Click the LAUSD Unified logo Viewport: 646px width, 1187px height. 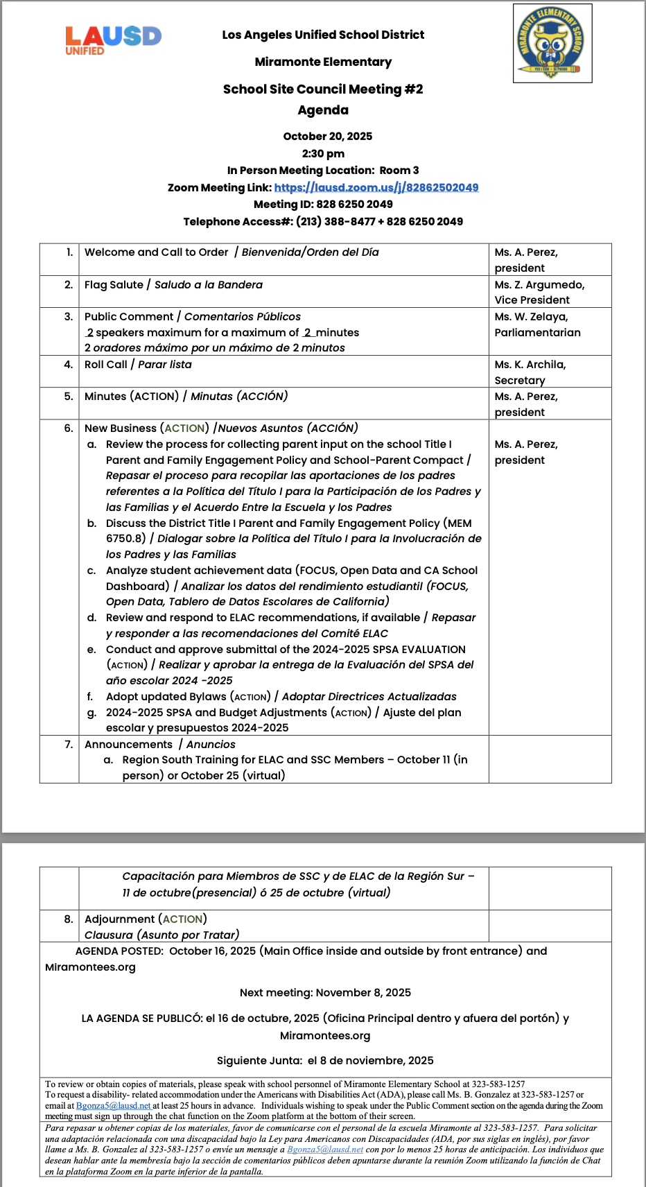click(x=113, y=40)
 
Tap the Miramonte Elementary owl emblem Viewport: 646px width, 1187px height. click(x=552, y=43)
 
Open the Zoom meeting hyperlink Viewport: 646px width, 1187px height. click(x=376, y=187)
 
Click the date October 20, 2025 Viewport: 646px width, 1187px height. click(x=327, y=136)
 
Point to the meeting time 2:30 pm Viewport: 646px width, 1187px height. click(x=323, y=153)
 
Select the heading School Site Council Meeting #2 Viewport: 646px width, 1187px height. click(x=323, y=89)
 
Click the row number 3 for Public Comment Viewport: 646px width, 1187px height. click(x=69, y=316)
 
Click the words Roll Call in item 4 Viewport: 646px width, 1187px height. click(x=106, y=364)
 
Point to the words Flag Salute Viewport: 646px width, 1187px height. click(x=114, y=284)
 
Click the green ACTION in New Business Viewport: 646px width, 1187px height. click(x=184, y=428)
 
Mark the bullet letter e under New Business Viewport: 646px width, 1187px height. click(x=91, y=650)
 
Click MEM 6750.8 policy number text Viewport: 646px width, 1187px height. click(x=460, y=523)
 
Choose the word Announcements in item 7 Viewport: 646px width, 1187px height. click(x=128, y=744)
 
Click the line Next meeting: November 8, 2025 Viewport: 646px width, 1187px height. click(x=325, y=992)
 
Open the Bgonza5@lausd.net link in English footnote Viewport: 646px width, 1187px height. click(x=113, y=1106)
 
